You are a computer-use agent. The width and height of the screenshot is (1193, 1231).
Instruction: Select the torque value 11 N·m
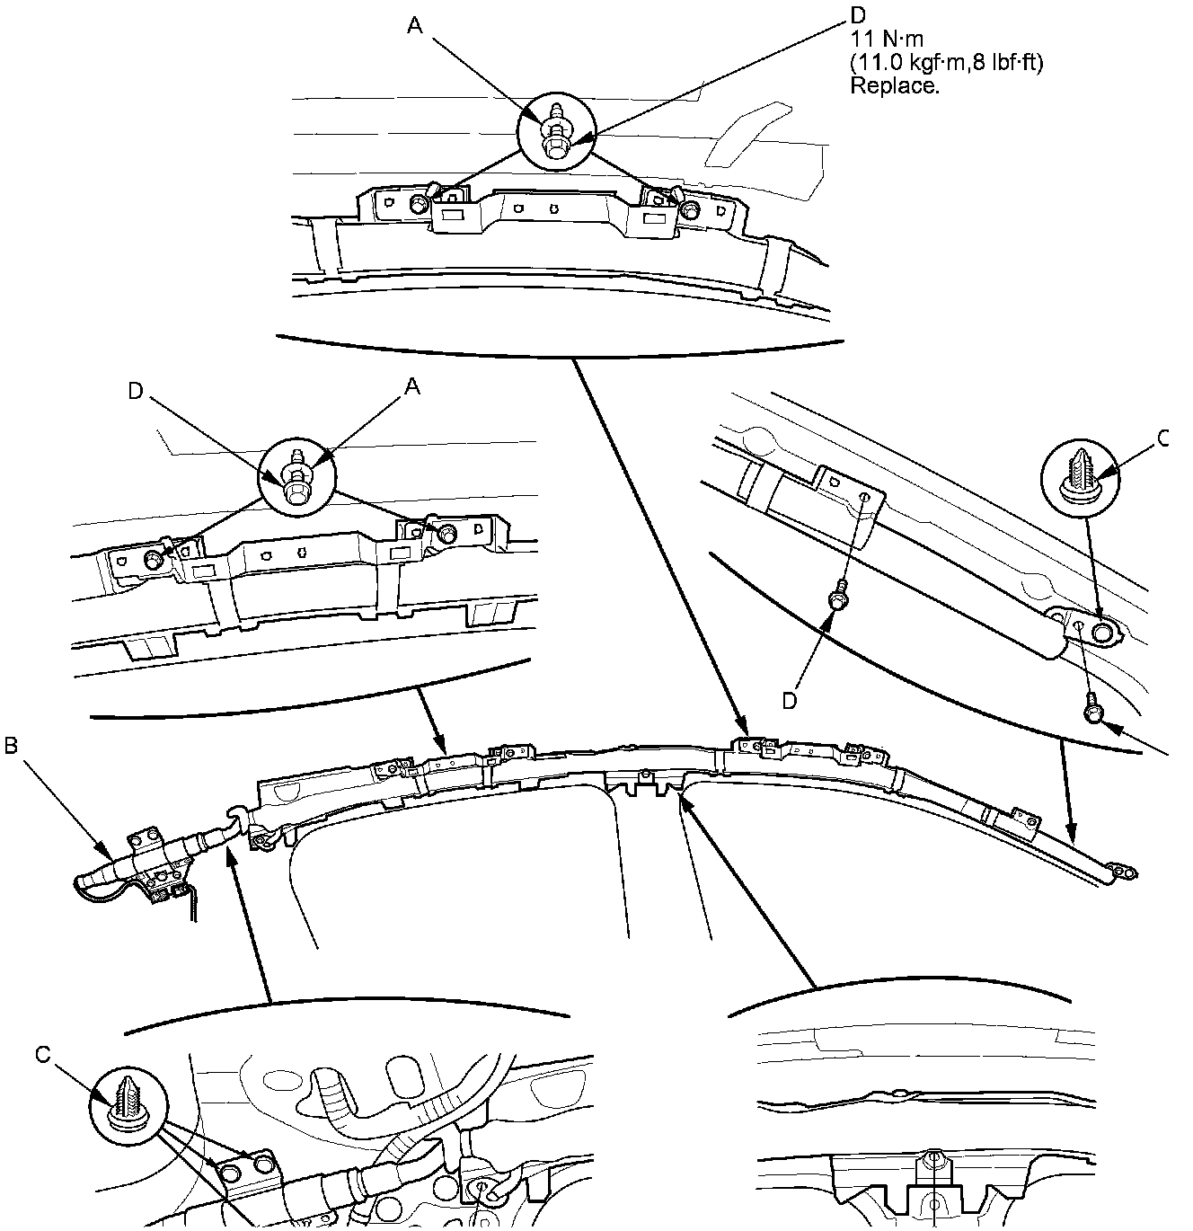coord(886,40)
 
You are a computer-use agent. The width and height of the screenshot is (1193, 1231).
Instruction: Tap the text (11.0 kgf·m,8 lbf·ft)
coord(946,64)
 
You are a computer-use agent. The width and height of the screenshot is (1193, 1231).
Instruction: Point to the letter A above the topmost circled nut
coord(414,27)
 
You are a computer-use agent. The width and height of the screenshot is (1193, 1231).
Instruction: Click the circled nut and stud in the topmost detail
coord(556,132)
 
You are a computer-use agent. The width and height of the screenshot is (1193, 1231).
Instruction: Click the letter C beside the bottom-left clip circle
coord(43,1053)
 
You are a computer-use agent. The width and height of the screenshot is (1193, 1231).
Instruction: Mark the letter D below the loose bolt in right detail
coord(790,701)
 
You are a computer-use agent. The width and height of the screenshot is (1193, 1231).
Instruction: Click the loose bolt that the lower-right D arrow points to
coord(838,598)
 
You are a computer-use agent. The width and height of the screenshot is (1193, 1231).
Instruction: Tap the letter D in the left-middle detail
coord(135,391)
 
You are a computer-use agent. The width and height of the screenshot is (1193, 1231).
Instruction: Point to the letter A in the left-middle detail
coord(413,386)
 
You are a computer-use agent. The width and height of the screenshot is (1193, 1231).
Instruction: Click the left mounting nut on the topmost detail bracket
coord(419,206)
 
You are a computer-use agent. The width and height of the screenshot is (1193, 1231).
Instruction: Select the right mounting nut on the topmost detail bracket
coord(689,209)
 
